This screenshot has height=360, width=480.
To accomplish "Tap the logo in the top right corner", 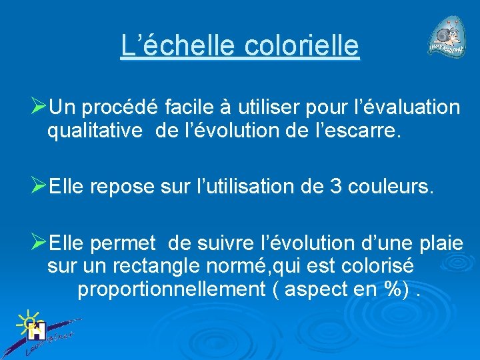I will pos(447,40).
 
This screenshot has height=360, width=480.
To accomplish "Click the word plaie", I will pos(438,242).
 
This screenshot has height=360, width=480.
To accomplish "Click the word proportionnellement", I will pos(171,290).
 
